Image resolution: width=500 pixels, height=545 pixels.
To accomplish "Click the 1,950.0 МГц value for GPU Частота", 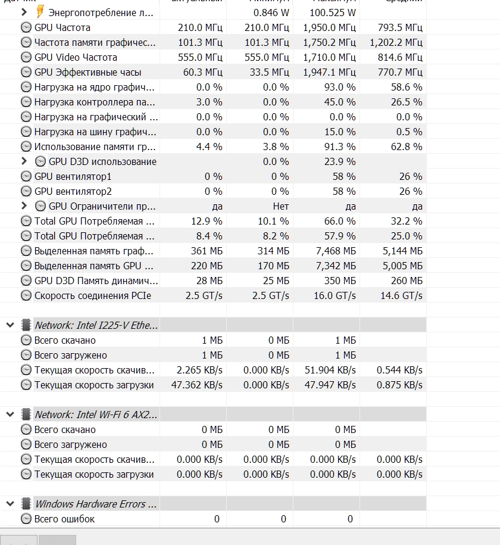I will coord(329,27).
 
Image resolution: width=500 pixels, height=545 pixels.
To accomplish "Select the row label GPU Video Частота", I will coord(76,57).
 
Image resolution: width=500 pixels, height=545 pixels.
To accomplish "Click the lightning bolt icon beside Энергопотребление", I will coord(40,12).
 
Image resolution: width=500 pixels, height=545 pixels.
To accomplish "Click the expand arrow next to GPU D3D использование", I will coord(24,161).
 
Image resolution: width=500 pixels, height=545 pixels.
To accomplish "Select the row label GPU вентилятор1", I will coord(73,176).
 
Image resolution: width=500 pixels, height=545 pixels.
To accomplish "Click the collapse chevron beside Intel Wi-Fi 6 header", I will coord(10,415).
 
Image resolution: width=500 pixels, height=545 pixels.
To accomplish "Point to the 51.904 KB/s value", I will coord(330,370).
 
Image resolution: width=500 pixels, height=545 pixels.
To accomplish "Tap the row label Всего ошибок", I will coord(64,519).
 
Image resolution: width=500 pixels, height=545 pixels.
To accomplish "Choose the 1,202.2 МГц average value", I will coord(396,42).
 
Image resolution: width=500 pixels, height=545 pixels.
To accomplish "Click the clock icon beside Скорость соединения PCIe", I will coord(26,295).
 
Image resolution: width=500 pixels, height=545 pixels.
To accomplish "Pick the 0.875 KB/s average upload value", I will coord(399,385).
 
